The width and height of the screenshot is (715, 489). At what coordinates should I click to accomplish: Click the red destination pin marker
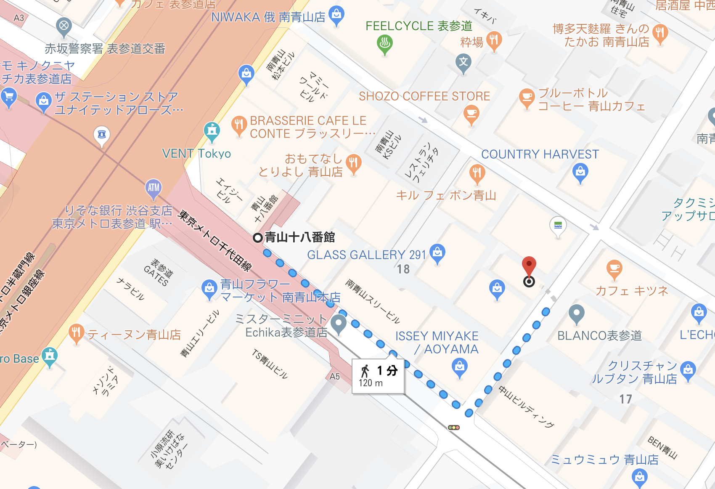(529, 266)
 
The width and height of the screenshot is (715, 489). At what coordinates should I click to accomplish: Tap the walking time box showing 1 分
(378, 376)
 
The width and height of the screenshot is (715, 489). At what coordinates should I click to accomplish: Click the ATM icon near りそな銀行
(154, 188)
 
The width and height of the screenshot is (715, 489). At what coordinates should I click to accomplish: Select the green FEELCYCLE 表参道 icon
(384, 43)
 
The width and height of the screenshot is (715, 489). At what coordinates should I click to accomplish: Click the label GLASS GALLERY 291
(366, 255)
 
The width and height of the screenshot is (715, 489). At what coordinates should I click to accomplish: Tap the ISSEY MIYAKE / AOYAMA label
(437, 343)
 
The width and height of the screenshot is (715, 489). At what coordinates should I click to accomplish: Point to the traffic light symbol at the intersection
(454, 428)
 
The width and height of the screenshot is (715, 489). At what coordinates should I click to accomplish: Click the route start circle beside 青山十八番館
(257, 238)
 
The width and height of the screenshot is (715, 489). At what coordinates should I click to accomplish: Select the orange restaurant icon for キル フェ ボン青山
(477, 173)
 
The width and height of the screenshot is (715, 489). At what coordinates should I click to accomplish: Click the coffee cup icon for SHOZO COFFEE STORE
(471, 114)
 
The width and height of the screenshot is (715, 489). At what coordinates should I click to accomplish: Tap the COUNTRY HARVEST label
(540, 154)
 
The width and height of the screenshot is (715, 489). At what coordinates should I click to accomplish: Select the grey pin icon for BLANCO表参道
(576, 314)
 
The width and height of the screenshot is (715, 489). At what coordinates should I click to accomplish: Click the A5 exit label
(334, 377)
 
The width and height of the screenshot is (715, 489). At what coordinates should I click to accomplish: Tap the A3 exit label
(19, 18)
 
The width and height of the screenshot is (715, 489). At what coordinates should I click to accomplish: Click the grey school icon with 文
(463, 62)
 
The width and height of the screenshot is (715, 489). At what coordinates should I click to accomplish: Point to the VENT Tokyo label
(196, 154)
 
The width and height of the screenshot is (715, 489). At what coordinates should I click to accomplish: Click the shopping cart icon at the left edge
(8, 97)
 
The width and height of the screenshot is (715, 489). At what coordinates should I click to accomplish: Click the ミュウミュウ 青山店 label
(604, 460)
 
